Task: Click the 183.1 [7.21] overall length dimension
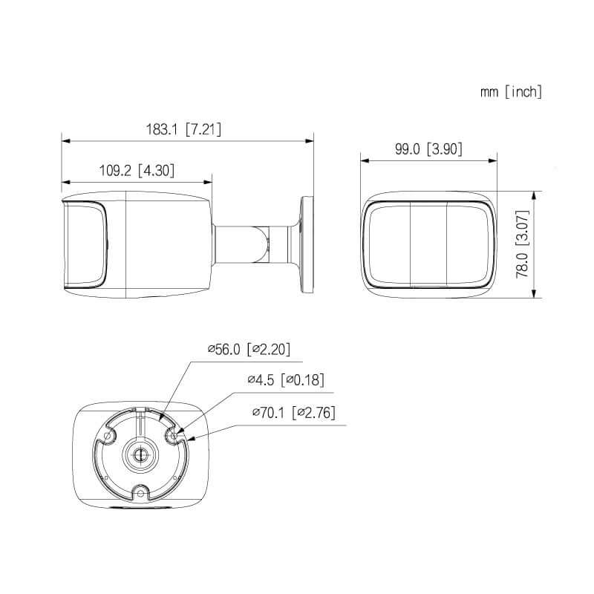(183, 129)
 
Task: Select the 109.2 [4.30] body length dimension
(137, 170)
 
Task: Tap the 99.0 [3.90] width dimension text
(428, 149)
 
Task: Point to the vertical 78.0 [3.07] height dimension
(523, 244)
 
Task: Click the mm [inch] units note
(511, 92)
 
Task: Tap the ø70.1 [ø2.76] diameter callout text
(294, 413)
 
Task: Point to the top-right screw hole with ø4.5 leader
(174, 437)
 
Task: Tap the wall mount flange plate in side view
(307, 243)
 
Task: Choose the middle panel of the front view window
(428, 244)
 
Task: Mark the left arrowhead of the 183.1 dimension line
(65, 139)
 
